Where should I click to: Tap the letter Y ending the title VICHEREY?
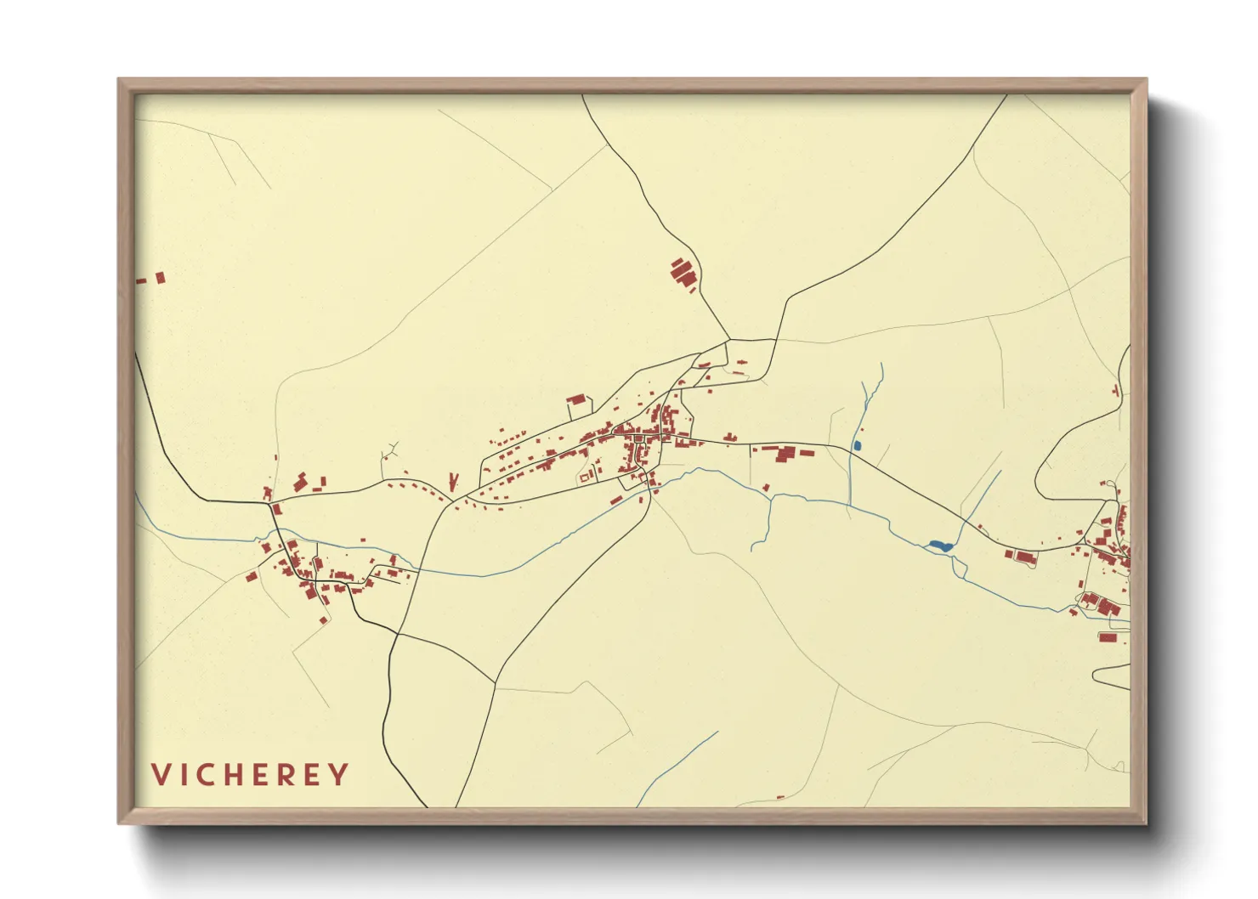(339, 775)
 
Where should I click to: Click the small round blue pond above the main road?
(857, 445)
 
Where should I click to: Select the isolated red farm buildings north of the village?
(683, 274)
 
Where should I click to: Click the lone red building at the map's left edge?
(159, 277)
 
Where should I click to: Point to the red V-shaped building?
(454, 481)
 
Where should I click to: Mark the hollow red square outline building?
(584, 478)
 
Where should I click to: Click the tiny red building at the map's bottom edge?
(780, 798)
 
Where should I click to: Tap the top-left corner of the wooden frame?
(120, 81)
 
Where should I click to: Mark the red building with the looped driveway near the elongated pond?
(1024, 557)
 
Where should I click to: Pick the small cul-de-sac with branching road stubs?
(390, 452)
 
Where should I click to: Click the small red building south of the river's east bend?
(766, 488)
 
